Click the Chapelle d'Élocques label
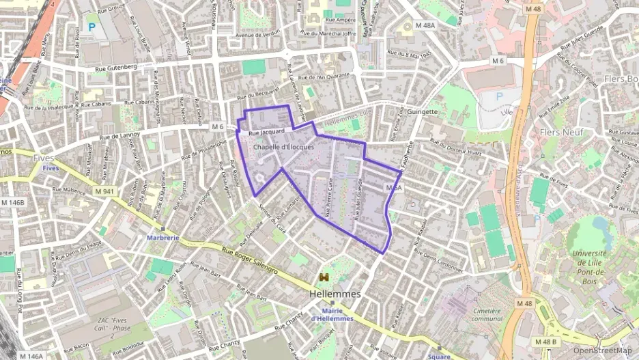283,147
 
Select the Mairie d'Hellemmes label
332,314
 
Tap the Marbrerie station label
163,238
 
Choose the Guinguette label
422,111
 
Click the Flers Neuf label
560,131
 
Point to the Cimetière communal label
487,314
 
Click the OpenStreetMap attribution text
603,350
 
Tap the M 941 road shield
104,191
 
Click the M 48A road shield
425,25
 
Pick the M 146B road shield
12,202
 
